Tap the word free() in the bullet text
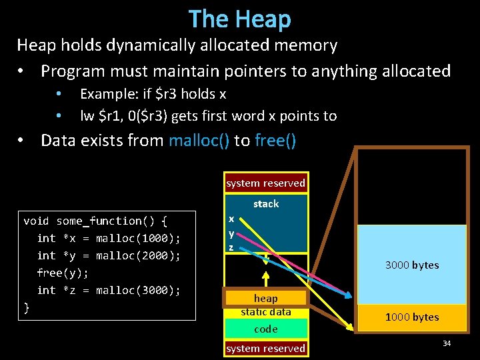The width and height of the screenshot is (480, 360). point(275,141)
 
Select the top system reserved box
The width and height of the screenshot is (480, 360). point(265,183)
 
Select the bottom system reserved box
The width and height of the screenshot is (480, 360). point(265,348)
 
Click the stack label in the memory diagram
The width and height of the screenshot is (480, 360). point(266,204)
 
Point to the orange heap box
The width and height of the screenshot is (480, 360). point(266,298)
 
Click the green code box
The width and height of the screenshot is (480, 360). point(266,329)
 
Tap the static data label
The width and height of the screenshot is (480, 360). point(266,312)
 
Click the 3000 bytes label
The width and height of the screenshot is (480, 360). point(412,265)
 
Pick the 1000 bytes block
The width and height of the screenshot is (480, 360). point(412,317)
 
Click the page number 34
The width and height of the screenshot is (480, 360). point(446,343)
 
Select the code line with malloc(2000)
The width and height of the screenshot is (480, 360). point(109,255)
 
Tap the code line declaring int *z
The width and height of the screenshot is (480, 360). point(109,290)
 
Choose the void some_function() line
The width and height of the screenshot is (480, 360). point(95,221)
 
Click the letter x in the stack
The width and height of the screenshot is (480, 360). point(231,219)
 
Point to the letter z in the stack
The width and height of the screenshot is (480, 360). point(231,247)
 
